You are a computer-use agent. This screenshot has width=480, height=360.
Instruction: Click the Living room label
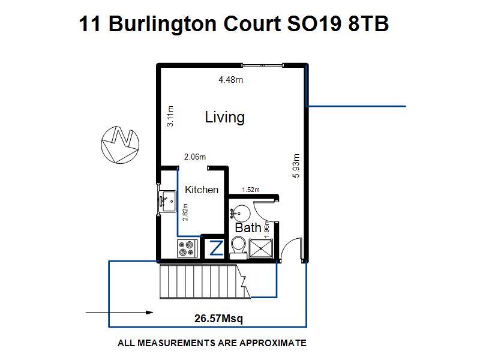(224, 117)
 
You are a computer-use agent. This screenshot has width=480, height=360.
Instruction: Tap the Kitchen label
(202, 190)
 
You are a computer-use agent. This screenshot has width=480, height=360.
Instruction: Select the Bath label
(248, 228)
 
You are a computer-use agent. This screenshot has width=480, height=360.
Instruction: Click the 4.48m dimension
(230, 80)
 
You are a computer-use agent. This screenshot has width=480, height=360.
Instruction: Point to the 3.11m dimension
(170, 116)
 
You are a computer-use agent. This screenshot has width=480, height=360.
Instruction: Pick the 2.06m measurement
(195, 157)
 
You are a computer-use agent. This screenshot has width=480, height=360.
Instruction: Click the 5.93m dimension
(296, 166)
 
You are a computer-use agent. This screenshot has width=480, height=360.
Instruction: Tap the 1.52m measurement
(251, 190)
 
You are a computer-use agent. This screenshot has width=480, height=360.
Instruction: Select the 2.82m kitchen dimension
(185, 212)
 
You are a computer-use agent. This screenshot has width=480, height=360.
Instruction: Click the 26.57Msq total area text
(218, 319)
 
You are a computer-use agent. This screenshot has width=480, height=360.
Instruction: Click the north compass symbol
(120, 144)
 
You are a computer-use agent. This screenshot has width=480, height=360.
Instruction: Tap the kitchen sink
(167, 202)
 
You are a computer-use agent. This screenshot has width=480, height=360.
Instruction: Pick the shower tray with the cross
(260, 248)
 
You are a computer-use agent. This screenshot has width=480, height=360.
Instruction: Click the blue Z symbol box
(216, 248)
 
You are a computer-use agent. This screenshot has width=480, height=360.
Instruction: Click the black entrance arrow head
(149, 313)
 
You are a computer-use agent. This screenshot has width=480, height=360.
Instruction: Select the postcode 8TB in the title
(368, 23)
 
